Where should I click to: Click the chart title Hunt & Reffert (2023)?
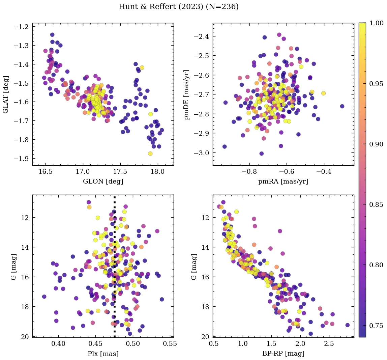179,7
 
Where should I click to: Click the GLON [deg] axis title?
103,182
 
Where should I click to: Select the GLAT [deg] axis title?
6,94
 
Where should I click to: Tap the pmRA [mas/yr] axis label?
283,182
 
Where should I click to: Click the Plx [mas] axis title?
103,354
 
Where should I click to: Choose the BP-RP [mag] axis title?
283,354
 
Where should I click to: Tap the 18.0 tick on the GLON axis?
157,171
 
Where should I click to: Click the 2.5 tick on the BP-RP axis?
329,343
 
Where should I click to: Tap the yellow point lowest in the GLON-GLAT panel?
150,154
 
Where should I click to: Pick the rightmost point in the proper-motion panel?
342,106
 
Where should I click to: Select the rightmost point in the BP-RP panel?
348,325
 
